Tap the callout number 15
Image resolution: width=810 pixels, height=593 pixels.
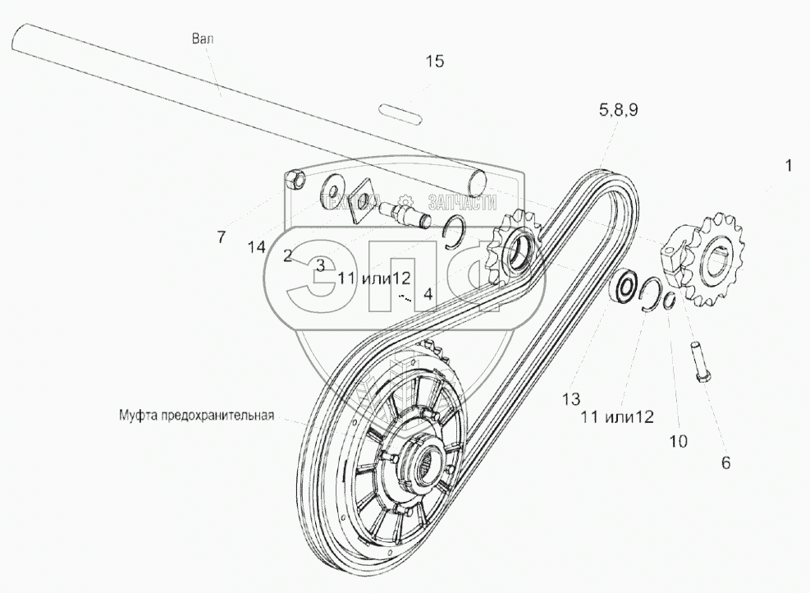(434, 62)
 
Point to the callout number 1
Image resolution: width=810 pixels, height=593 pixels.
(788, 165)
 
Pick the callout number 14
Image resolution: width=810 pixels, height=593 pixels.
(257, 246)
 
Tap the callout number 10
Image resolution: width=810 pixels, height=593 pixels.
(678, 441)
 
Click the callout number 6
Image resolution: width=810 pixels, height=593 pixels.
(725, 462)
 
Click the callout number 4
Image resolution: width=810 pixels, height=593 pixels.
(428, 292)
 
